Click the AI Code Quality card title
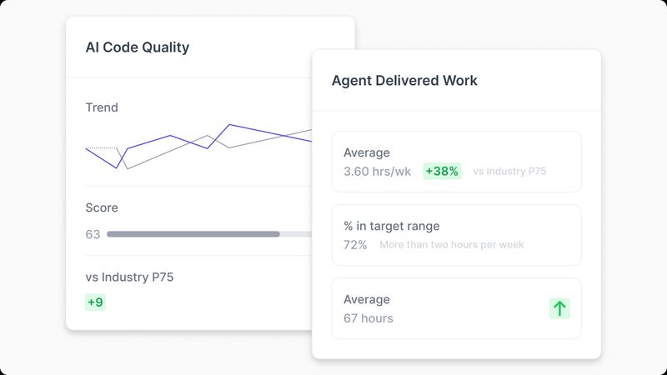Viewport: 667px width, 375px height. (x=138, y=47)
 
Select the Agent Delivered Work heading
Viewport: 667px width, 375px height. (x=404, y=81)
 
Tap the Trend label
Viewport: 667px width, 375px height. (x=102, y=107)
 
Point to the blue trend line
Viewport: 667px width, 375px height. (x=170, y=136)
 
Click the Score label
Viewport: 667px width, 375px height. (x=102, y=207)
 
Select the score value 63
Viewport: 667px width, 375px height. (x=93, y=234)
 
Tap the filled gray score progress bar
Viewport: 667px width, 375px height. (x=193, y=234)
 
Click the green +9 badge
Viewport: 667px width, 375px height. (x=96, y=302)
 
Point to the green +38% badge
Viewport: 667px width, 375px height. (x=442, y=172)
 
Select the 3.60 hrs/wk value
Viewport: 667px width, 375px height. (x=377, y=172)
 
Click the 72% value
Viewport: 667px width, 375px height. (x=355, y=245)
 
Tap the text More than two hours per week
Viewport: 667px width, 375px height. (x=452, y=245)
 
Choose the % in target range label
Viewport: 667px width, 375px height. (x=391, y=226)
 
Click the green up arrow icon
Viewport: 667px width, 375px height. (x=559, y=308)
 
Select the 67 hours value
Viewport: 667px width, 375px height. (x=369, y=318)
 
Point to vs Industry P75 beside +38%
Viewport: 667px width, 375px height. (x=509, y=172)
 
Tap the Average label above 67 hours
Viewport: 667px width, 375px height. (x=367, y=299)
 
